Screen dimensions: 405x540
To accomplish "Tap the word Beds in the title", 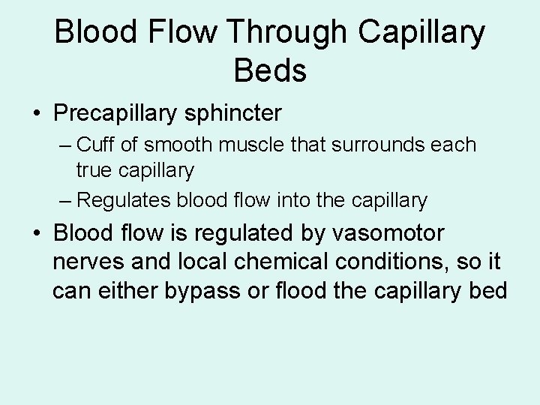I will [x=270, y=71].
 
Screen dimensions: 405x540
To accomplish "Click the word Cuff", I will [x=94, y=144].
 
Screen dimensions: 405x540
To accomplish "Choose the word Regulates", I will [x=124, y=200].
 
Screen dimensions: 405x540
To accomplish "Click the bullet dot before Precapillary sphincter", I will [x=37, y=115].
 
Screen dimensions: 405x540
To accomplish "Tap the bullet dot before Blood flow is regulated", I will [x=37, y=235].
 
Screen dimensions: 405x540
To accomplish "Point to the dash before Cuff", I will [x=65, y=145].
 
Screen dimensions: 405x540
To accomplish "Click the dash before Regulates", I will [x=65, y=201].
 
